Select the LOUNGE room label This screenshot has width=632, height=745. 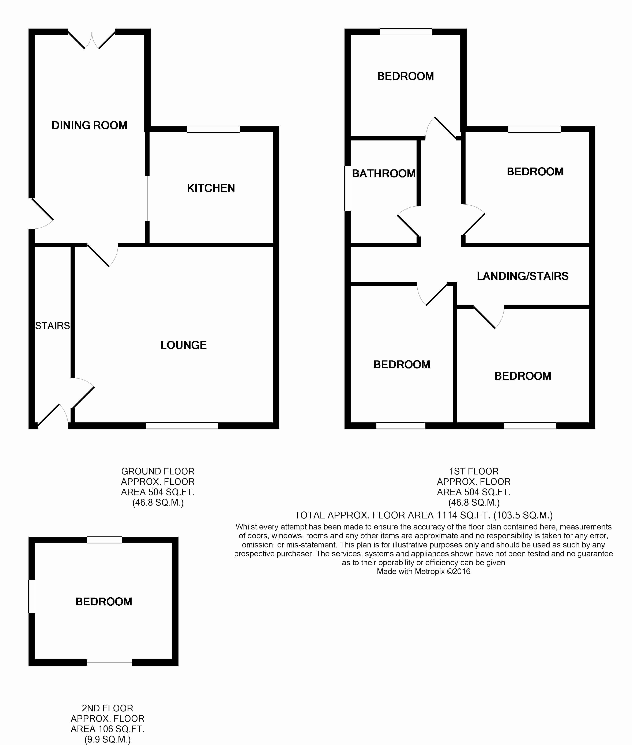point(183,345)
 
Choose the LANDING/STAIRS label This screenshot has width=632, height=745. point(522,276)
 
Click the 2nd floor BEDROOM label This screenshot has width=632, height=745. point(104,602)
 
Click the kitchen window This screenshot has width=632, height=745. point(213,129)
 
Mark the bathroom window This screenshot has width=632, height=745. point(347,188)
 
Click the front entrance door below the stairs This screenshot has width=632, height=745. point(52,416)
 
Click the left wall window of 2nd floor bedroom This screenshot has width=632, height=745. point(32,596)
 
